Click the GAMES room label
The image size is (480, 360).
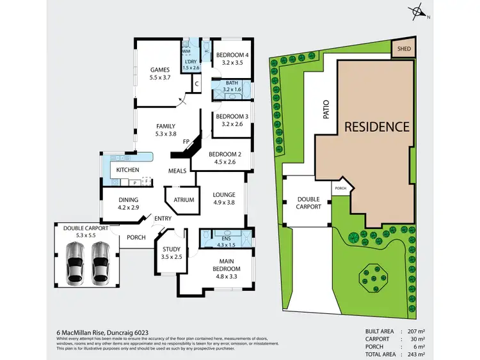tap(159, 70)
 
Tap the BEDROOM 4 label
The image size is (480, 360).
tap(231, 55)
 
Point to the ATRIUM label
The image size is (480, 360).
tap(184, 200)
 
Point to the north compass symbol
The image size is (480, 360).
tap(419, 11)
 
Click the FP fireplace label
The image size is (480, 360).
tap(186, 141)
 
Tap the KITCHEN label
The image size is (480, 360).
tap(127, 170)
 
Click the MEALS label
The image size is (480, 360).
tap(177, 171)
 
